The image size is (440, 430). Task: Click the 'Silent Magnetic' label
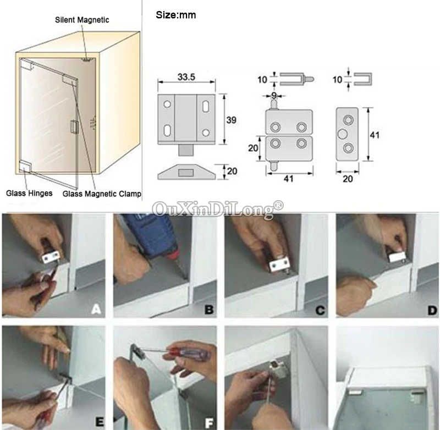[82, 20]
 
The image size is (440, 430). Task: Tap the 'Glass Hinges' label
[29, 193]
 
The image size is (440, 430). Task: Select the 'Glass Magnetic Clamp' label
[102, 194]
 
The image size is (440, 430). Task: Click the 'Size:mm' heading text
[176, 15]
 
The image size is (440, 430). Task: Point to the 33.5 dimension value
[186, 77]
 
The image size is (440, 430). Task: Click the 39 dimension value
[231, 120]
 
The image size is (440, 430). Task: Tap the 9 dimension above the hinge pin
[274, 95]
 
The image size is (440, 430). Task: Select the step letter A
[96, 310]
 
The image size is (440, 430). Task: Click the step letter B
[209, 310]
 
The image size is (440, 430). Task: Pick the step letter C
[320, 310]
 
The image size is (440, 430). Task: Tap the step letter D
[432, 310]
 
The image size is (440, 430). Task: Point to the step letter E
[100, 422]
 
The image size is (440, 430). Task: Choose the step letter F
[210, 422]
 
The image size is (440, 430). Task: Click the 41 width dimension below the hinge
[288, 178]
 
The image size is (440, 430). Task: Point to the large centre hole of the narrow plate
[342, 134]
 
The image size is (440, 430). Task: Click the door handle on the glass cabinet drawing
[74, 125]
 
